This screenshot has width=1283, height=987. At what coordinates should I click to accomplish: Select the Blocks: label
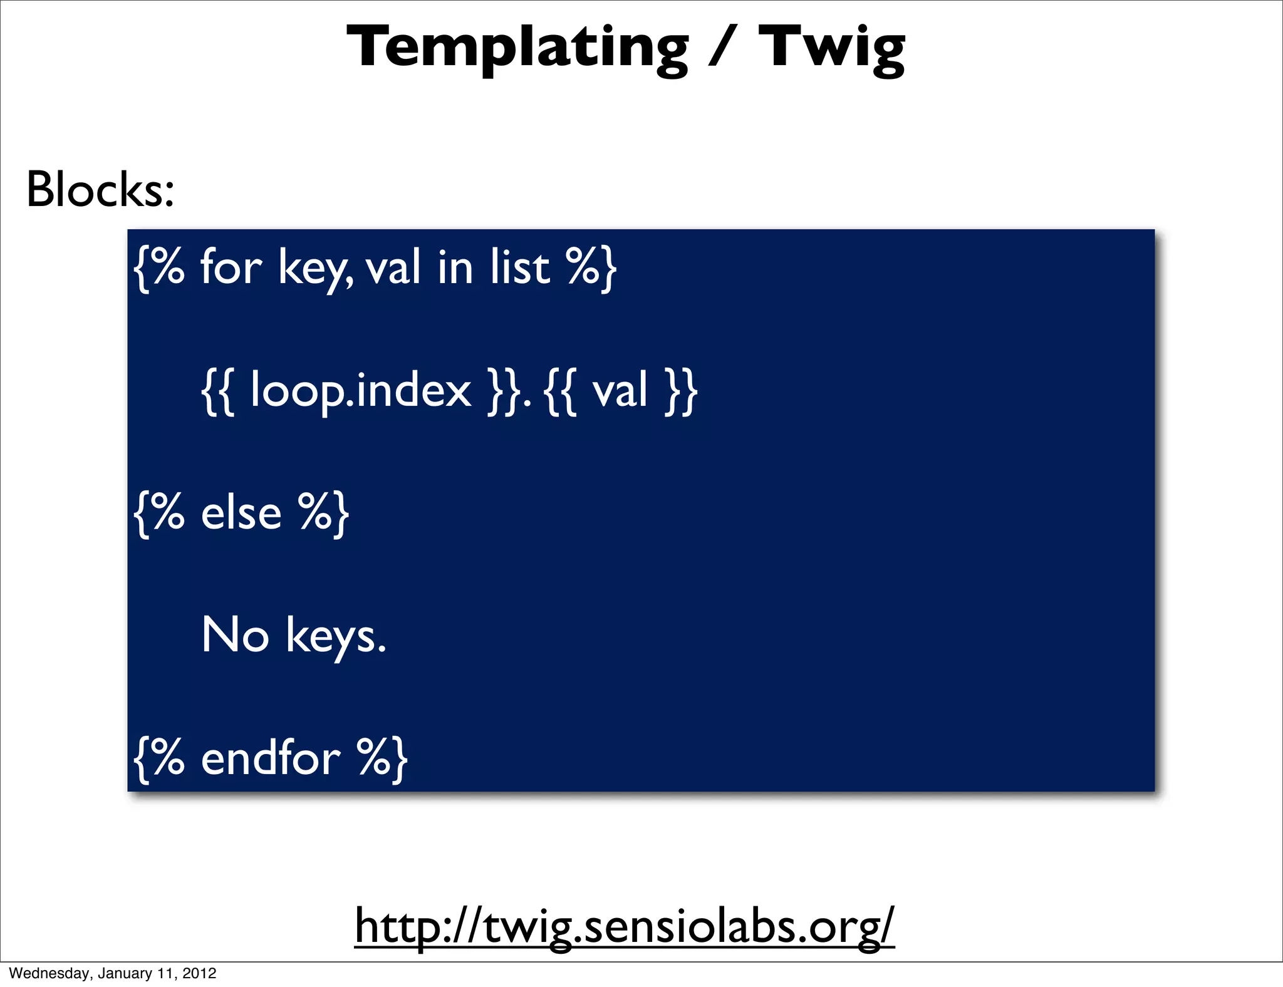(x=100, y=190)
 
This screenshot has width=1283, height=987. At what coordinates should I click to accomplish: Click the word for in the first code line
(x=231, y=267)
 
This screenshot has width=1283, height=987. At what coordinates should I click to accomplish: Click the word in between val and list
(x=455, y=267)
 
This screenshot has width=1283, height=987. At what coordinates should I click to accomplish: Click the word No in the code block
(x=235, y=635)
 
